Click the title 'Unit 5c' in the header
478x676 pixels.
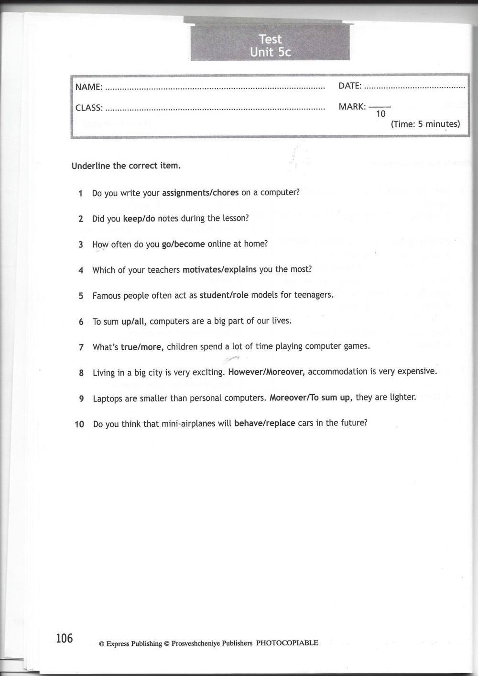[270, 52]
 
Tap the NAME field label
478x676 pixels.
[89, 87]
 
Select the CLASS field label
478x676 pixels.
[89, 108]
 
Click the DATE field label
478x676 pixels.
[350, 86]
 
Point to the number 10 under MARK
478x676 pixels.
[380, 114]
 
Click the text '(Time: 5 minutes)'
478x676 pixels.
[425, 124]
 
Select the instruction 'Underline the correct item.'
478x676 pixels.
[126, 166]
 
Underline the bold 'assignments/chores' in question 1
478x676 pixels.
[200, 193]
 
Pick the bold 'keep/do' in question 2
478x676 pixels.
[139, 219]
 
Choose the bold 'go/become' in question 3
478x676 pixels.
[184, 244]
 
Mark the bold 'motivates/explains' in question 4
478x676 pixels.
[219, 270]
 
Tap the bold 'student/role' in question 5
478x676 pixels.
[224, 295]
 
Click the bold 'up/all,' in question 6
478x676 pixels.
[133, 321]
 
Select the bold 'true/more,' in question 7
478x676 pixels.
[142, 347]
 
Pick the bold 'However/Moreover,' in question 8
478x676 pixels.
[267, 372]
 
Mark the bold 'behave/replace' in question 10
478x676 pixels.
[264, 423]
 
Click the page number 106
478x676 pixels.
[64, 638]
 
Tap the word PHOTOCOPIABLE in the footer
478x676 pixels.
[287, 643]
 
